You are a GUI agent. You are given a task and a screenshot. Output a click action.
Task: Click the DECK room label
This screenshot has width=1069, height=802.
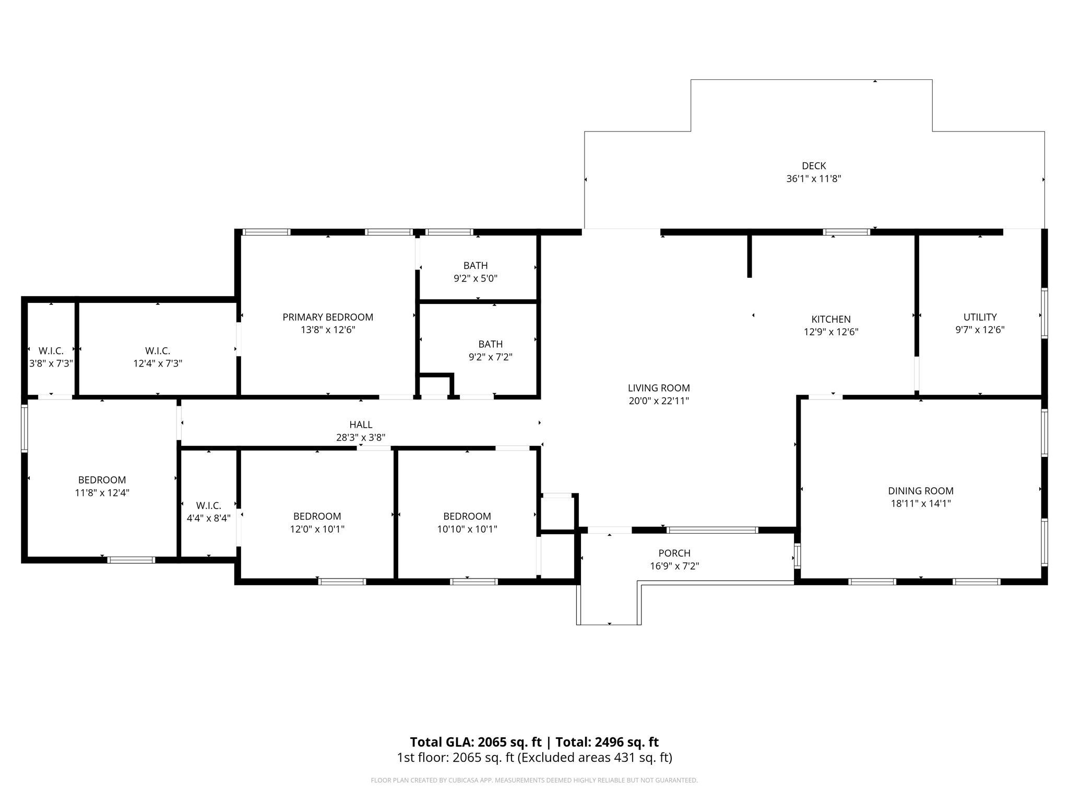tap(813, 166)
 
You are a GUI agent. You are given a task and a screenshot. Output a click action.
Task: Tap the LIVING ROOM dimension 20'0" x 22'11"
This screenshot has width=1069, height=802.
tap(659, 401)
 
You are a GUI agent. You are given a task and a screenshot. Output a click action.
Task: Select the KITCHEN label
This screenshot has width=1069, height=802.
tap(830, 319)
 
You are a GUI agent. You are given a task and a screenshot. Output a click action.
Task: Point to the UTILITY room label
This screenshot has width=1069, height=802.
tap(980, 317)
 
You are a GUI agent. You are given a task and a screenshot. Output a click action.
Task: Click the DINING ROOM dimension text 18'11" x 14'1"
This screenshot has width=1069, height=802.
tap(920, 504)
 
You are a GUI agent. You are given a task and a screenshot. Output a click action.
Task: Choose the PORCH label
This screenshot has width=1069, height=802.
tap(674, 553)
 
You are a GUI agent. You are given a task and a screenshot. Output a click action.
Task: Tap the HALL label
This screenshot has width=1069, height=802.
tap(361, 424)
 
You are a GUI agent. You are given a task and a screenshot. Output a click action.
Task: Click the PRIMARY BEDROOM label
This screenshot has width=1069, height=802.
tap(328, 317)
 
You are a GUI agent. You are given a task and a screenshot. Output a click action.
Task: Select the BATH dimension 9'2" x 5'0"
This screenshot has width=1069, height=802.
tap(475, 279)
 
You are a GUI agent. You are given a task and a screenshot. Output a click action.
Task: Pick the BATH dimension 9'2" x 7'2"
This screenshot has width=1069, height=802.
tap(490, 357)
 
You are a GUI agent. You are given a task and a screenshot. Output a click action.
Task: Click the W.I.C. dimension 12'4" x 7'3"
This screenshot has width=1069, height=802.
tap(158, 363)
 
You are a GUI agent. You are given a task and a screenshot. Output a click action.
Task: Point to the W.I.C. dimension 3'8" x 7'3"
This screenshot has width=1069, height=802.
tap(51, 363)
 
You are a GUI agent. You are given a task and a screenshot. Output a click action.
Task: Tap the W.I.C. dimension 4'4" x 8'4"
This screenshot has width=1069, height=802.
tap(208, 518)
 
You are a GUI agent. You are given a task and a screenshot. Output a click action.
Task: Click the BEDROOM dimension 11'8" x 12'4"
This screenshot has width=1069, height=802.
tap(102, 493)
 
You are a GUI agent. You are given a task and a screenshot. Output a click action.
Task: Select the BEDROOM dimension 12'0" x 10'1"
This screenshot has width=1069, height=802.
tap(317, 529)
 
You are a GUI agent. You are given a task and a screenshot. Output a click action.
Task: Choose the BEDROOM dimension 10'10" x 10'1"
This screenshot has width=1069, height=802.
tap(467, 529)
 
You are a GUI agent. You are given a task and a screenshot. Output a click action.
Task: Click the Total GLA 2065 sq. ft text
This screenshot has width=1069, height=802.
tap(476, 742)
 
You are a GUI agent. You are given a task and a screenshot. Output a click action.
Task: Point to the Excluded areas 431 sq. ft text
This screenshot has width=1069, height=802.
tap(595, 758)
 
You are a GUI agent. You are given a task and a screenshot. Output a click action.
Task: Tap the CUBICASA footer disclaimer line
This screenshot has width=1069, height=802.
tap(534, 781)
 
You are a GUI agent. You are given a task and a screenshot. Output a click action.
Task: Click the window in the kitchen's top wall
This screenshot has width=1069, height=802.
tap(846, 232)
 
